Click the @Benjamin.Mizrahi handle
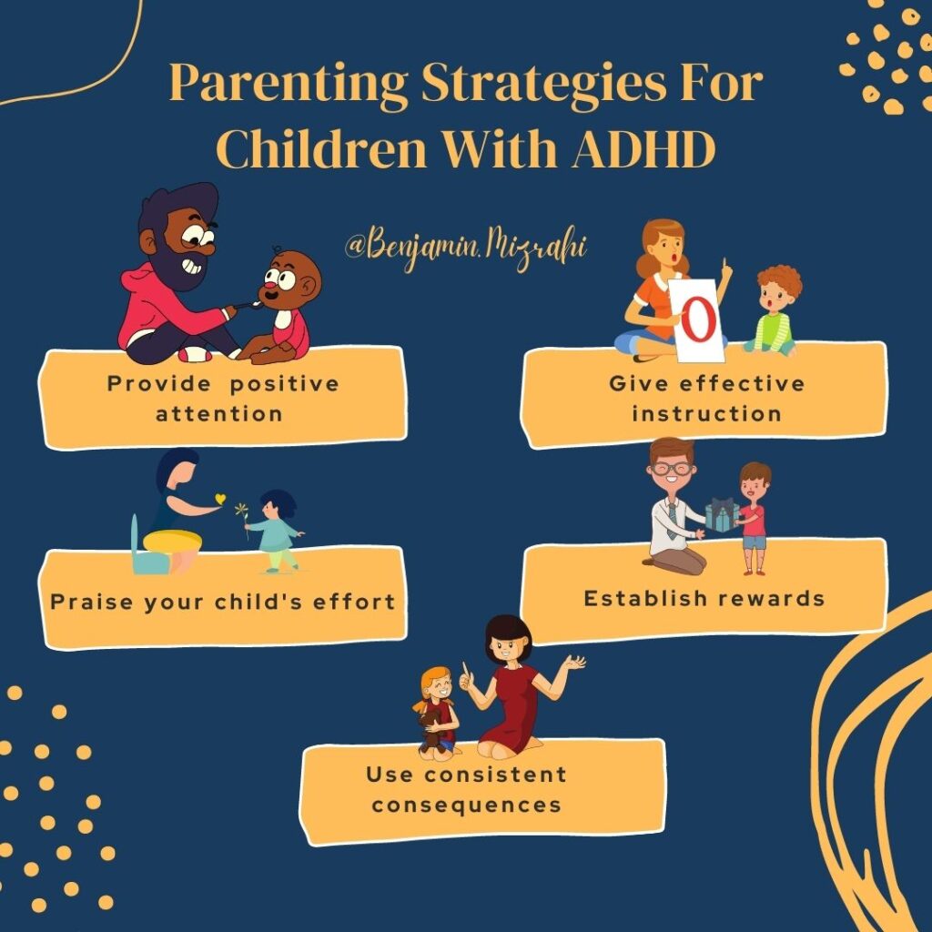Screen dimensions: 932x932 [467, 247]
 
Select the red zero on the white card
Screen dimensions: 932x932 [696, 319]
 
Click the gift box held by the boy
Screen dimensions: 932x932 [722, 516]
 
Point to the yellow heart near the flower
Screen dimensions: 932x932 [218, 499]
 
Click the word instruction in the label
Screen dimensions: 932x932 [707, 413]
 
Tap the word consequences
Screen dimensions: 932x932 [466, 805]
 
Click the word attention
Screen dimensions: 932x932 [219, 413]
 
